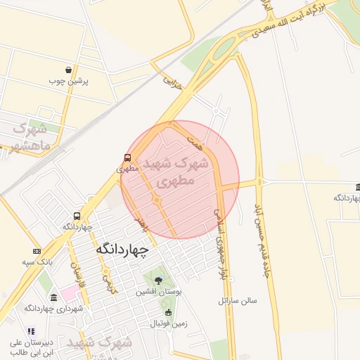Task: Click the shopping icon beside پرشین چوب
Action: click(68, 70)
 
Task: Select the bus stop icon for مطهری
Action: click(127, 157)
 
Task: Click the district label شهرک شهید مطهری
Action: click(176, 172)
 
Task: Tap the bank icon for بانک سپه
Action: click(37, 251)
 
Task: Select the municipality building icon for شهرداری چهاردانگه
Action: click(53, 297)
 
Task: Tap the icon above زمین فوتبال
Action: click(167, 313)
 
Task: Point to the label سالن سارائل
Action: click(238, 300)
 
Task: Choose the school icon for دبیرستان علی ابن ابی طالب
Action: click(30, 331)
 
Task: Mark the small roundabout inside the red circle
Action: click(156, 201)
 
